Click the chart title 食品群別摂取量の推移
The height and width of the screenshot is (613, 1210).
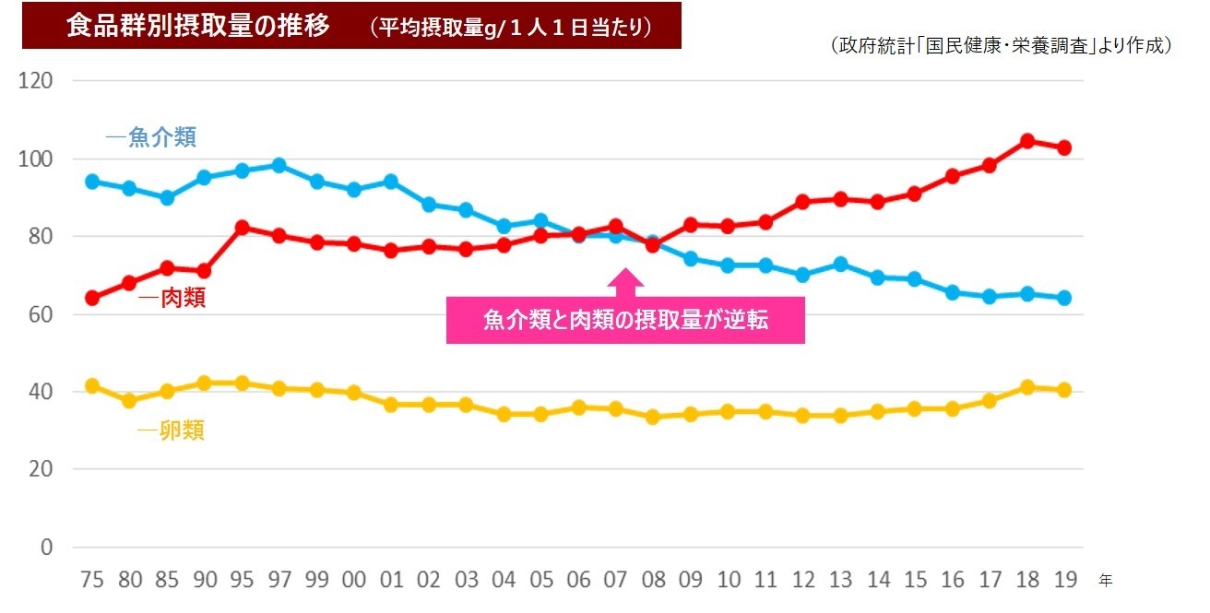[197, 26]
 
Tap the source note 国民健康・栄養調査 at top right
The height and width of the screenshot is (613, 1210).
[1001, 45]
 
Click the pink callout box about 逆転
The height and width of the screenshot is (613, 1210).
[625, 321]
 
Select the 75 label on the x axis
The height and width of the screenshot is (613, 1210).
[92, 580]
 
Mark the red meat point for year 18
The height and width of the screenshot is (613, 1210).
[1026, 141]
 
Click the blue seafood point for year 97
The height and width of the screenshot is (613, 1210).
[279, 166]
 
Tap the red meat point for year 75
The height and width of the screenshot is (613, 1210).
[92, 298]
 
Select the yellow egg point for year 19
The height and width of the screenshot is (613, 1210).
[1063, 390]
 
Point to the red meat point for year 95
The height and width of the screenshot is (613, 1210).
[242, 227]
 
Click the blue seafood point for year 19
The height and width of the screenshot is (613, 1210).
[1063, 298]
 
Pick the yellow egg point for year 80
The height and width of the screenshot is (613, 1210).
[129, 401]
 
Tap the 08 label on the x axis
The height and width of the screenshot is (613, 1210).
[653, 580]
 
